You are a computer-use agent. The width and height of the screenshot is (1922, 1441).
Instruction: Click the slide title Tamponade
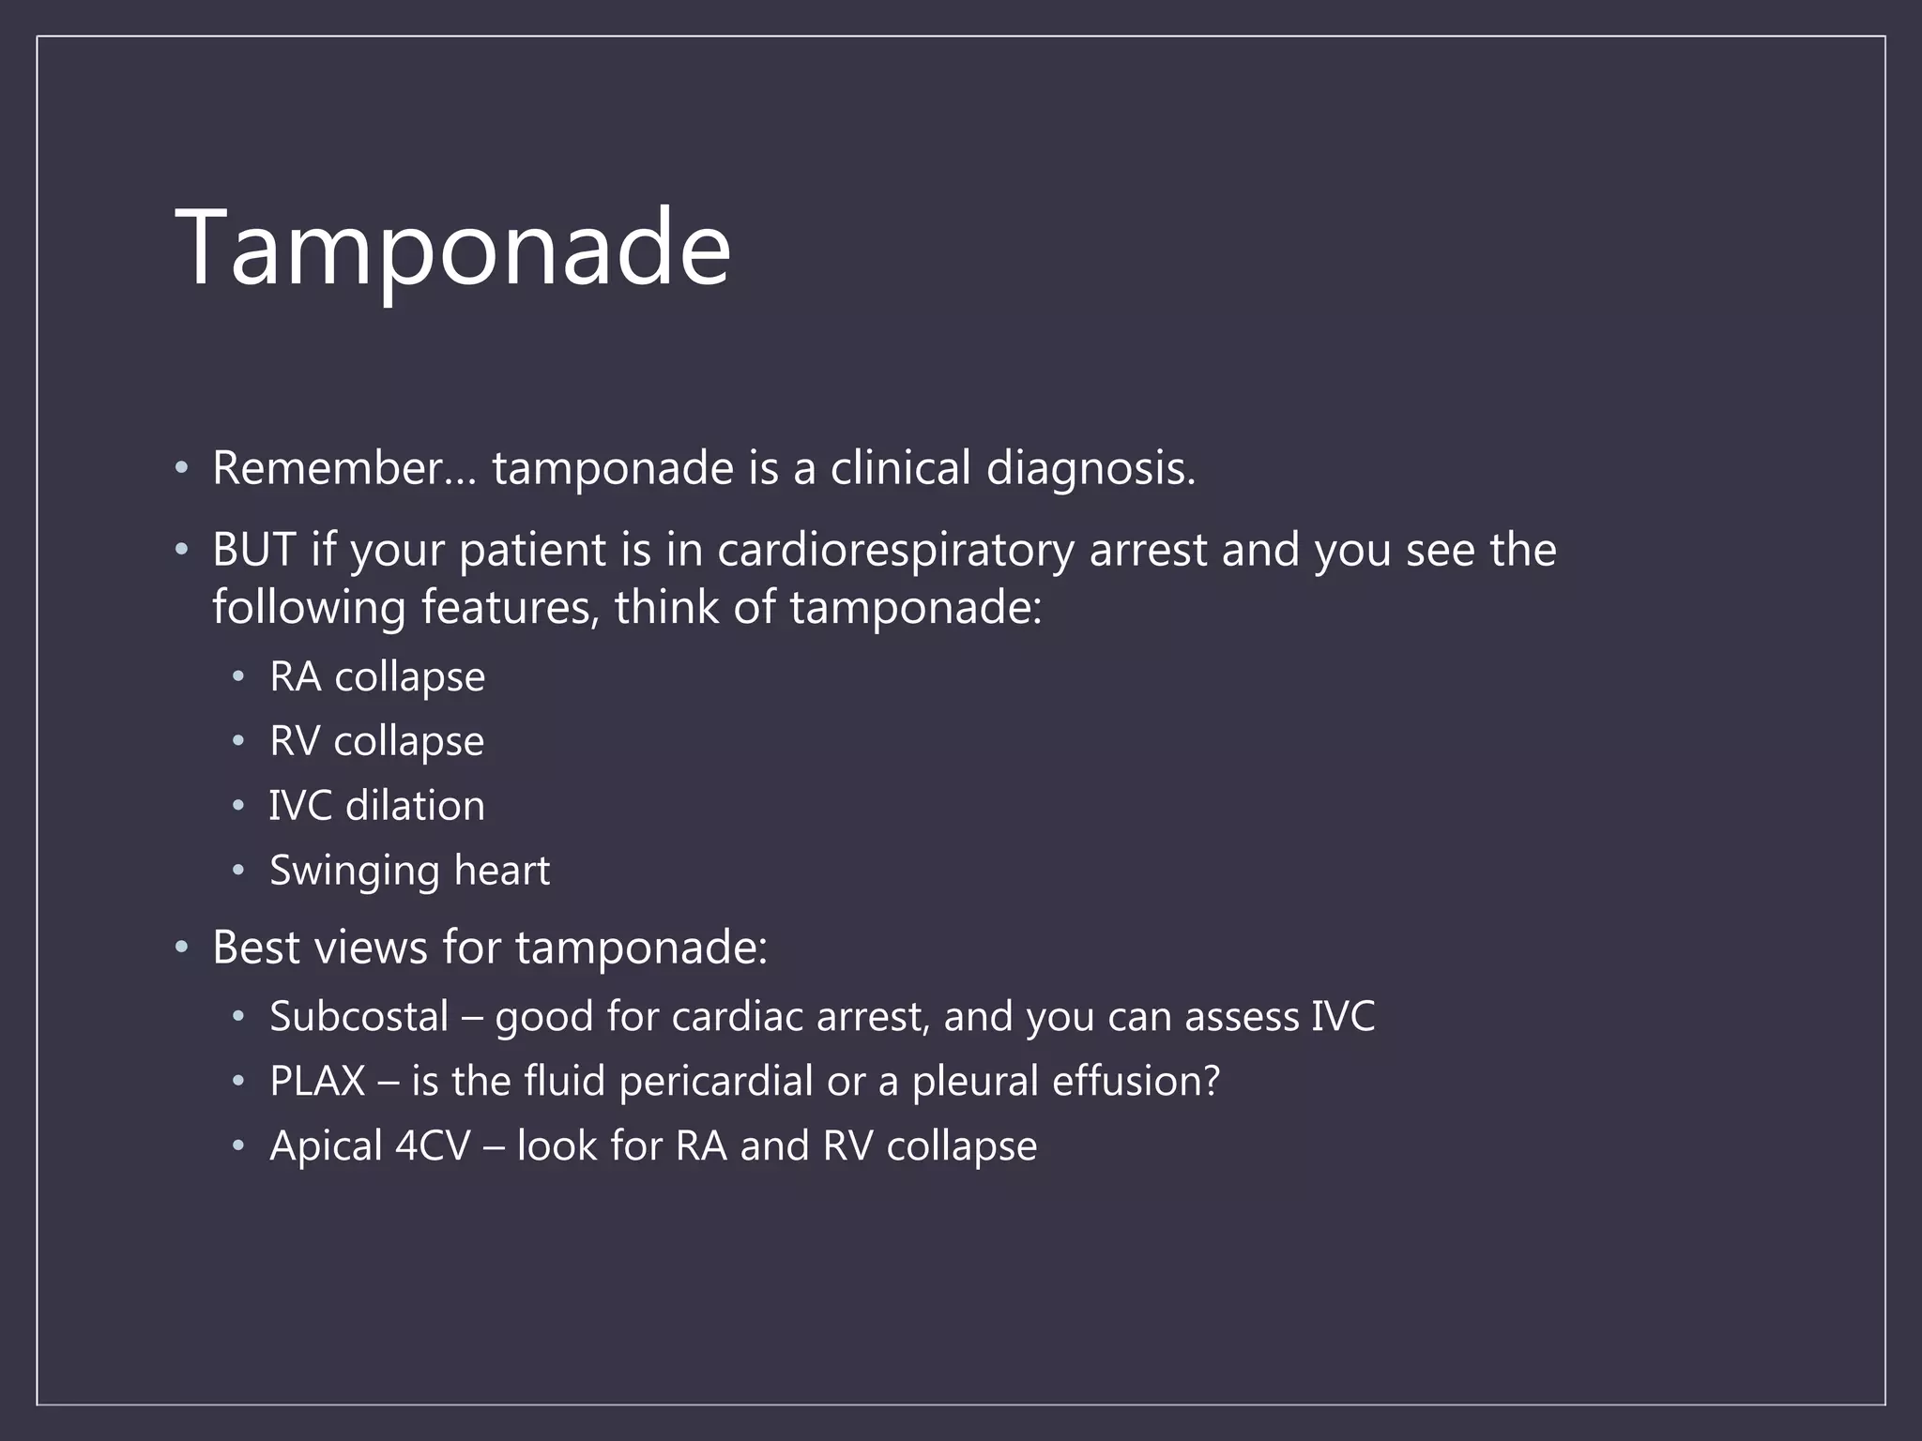pyautogui.click(x=452, y=248)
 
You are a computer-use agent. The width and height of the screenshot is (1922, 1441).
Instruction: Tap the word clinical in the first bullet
pyautogui.click(x=900, y=467)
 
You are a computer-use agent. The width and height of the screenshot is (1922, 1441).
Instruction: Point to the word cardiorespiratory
pyautogui.click(x=895, y=550)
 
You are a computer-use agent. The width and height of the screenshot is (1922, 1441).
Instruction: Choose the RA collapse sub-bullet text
pyautogui.click(x=377, y=676)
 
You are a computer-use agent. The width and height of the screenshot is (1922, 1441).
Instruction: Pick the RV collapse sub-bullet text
pyautogui.click(x=376, y=741)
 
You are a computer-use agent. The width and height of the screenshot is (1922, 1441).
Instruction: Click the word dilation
pyautogui.click(x=415, y=806)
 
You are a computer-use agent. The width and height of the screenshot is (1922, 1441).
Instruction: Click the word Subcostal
pyautogui.click(x=359, y=1017)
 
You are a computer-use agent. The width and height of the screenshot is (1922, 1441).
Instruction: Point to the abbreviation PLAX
pyautogui.click(x=317, y=1081)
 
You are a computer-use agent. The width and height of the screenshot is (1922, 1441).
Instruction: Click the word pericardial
pyautogui.click(x=715, y=1081)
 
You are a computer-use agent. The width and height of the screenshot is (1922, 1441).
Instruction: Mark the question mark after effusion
pyautogui.click(x=1212, y=1081)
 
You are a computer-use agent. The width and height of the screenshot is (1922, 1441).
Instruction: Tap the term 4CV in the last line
pyautogui.click(x=433, y=1145)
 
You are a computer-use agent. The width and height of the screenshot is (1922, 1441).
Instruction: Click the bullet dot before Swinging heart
pyautogui.click(x=238, y=871)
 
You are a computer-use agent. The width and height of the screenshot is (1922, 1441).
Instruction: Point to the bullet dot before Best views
pyautogui.click(x=182, y=947)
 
